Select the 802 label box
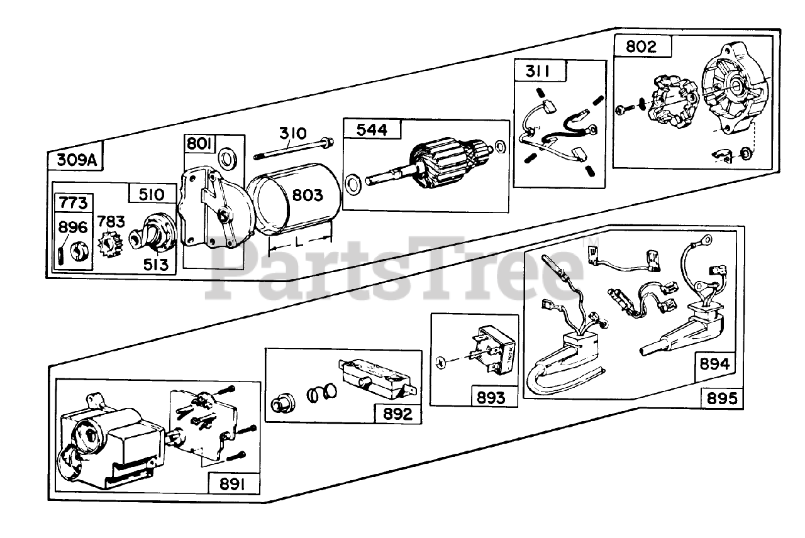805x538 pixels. pos(640,47)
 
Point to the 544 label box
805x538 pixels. pos(372,129)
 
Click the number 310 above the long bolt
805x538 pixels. pos(293,133)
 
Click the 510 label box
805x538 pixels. pos(151,195)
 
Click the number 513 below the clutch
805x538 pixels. pos(155,265)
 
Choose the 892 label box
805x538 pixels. pos(397,414)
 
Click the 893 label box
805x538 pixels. pos(491,397)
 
